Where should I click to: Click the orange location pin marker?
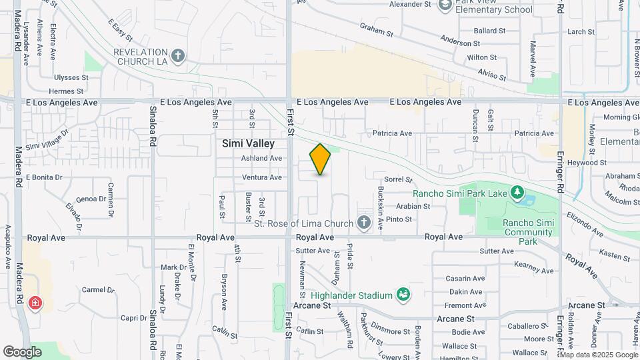[320, 159]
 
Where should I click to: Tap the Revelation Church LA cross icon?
[177, 56]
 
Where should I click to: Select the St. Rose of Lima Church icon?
[364, 223]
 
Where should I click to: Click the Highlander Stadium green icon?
[402, 294]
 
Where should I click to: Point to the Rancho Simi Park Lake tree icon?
[517, 193]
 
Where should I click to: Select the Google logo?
[23, 351]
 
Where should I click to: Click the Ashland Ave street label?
[262, 159]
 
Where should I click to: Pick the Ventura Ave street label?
[262, 177]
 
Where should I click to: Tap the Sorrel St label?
[399, 179]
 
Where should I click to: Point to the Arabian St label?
[413, 207]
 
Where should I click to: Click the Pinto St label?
[399, 219]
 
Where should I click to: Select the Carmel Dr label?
[99, 290]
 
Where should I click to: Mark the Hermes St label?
[66, 91]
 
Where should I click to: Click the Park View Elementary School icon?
[445, 6]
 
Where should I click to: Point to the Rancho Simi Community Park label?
[527, 232]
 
